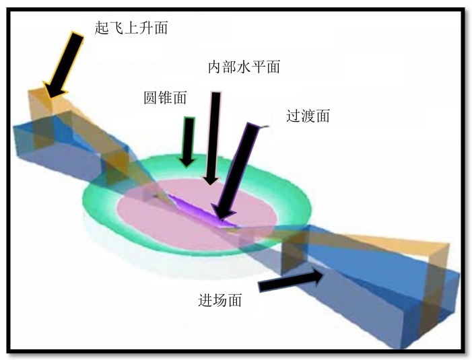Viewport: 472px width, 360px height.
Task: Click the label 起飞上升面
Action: [x=131, y=28]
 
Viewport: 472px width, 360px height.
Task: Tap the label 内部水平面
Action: [x=244, y=67]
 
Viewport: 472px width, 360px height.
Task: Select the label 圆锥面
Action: [x=165, y=98]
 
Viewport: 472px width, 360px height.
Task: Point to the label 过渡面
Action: [x=308, y=116]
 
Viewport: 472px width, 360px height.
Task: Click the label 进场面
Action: [x=220, y=300]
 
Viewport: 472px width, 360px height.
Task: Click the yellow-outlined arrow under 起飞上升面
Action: [x=64, y=65]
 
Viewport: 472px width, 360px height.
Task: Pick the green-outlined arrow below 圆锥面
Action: [x=188, y=142]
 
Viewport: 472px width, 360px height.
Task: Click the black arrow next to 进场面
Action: [x=291, y=280]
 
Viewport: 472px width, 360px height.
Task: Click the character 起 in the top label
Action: [x=102, y=28]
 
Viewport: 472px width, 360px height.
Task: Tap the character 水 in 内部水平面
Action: [x=244, y=67]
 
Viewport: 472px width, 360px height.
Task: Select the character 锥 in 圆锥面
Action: [x=165, y=98]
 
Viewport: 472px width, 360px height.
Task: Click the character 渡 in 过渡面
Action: [x=308, y=116]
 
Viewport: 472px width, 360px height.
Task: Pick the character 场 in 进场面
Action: [x=220, y=300]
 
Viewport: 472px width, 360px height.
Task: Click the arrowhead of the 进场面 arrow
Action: [x=323, y=274]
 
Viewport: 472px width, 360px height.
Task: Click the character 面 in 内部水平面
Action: [x=273, y=67]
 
